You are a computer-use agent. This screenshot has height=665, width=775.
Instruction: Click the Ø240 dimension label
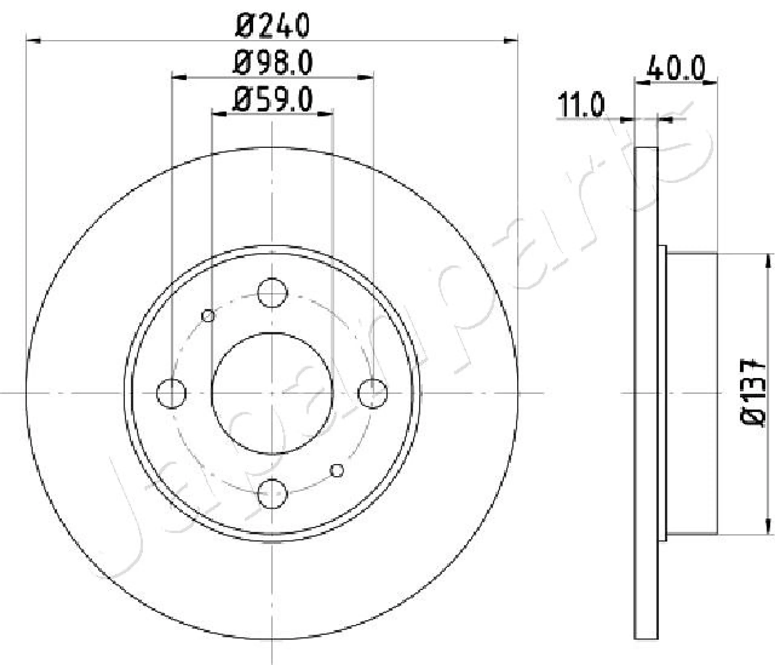tap(272, 25)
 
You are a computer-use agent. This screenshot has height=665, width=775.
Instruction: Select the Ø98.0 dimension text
tap(272, 63)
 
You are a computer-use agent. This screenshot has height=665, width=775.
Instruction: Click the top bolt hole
tap(272, 293)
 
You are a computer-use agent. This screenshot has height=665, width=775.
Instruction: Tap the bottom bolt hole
tap(272, 494)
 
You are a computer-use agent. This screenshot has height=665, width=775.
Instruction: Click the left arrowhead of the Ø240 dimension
tap(33, 40)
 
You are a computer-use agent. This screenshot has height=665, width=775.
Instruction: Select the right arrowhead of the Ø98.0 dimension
tap(366, 78)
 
